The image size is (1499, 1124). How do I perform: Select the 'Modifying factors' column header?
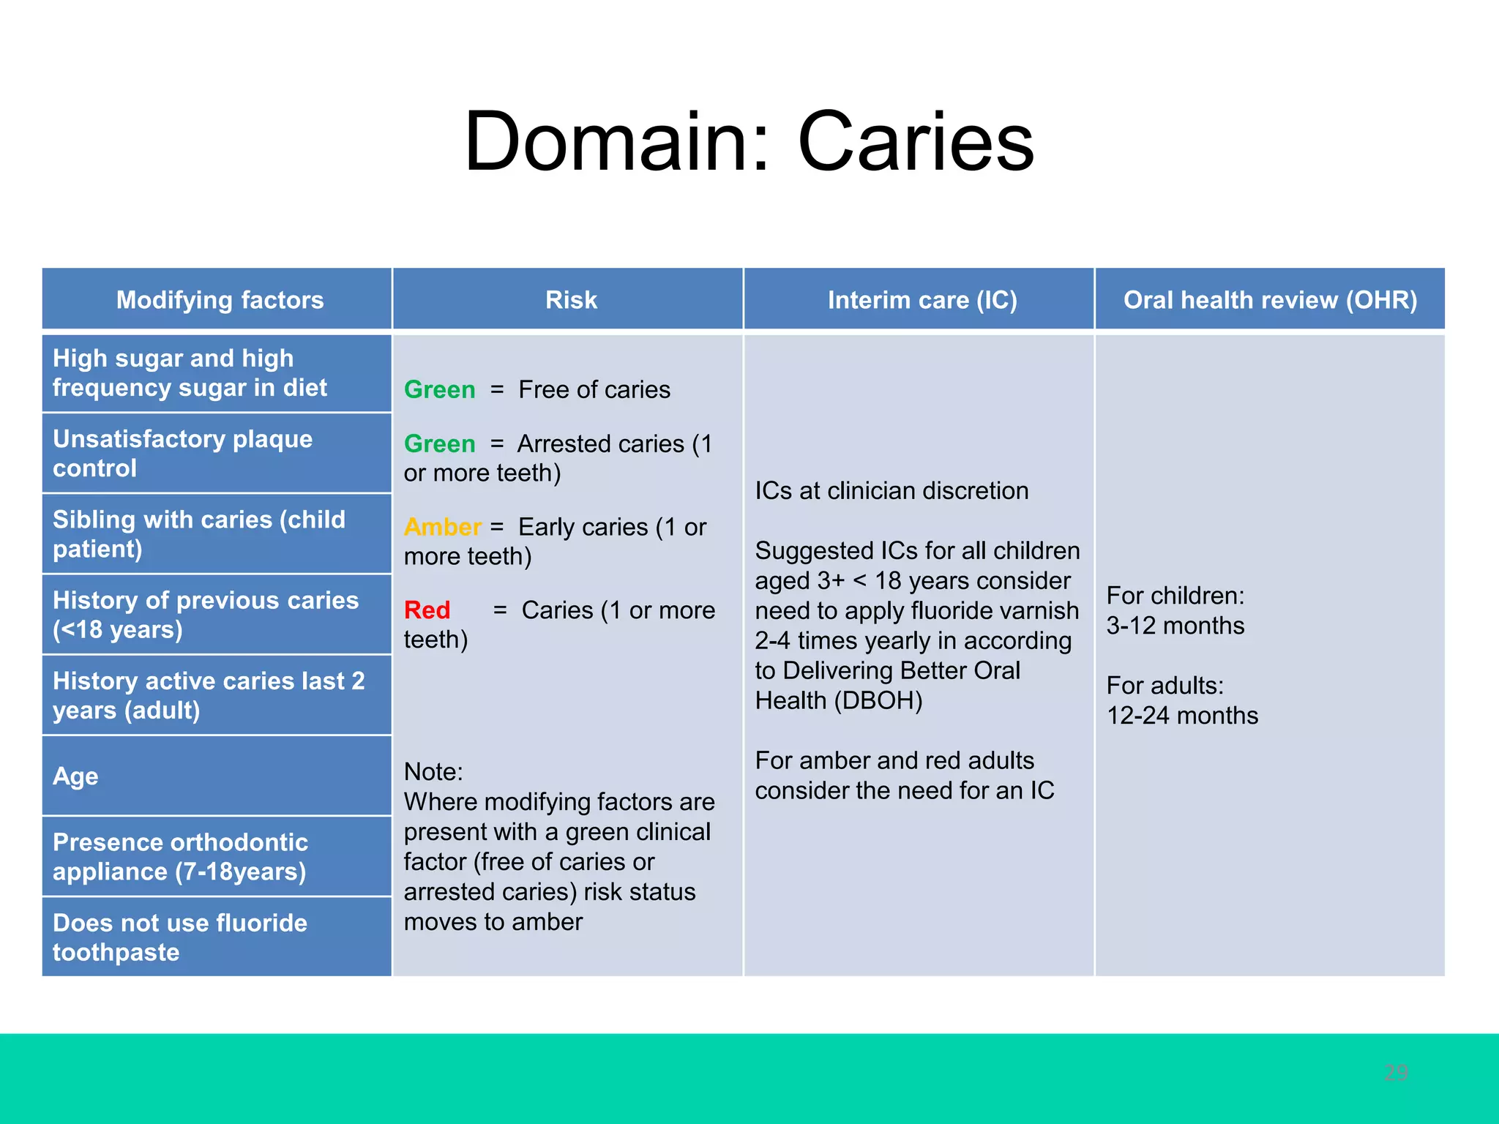[x=220, y=300]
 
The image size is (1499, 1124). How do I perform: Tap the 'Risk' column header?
[x=571, y=300]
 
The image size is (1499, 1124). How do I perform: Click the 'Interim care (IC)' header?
[x=922, y=300]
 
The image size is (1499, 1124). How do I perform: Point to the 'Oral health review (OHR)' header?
[x=1270, y=300]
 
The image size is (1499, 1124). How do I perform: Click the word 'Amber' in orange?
[x=442, y=527]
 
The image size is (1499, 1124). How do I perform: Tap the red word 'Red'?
[x=427, y=610]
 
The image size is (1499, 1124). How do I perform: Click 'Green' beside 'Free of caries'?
[x=439, y=390]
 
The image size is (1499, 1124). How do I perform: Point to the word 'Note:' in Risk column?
[x=433, y=772]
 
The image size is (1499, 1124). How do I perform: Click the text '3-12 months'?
[x=1175, y=626]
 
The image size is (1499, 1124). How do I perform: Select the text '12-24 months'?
[x=1182, y=716]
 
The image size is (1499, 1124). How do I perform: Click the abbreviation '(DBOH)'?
[x=878, y=701]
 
